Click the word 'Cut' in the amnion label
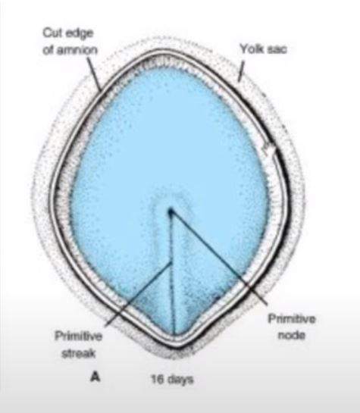[52, 33]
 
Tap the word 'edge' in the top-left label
[80, 33]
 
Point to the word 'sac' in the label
[277, 50]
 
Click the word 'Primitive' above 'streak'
[79, 336]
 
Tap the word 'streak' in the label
[79, 353]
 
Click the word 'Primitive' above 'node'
[292, 319]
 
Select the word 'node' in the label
[292, 336]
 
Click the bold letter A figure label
[95, 377]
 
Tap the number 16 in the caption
[158, 380]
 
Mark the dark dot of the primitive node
[171, 211]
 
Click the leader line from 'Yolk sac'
[241, 70]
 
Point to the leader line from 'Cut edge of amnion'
[94, 74]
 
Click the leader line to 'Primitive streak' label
[139, 295]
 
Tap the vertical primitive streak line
[172, 274]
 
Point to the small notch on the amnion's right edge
[269, 148]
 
